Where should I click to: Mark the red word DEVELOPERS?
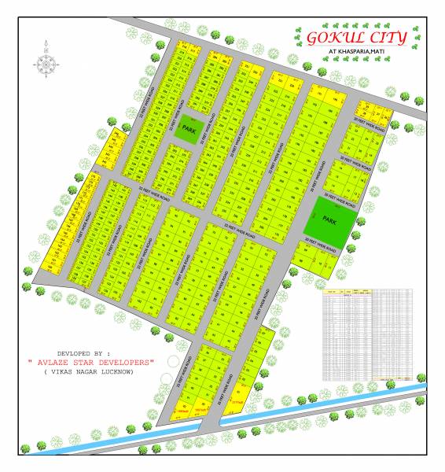point(127,362)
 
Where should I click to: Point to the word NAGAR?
point(88,371)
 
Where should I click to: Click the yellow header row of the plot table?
point(368,291)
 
